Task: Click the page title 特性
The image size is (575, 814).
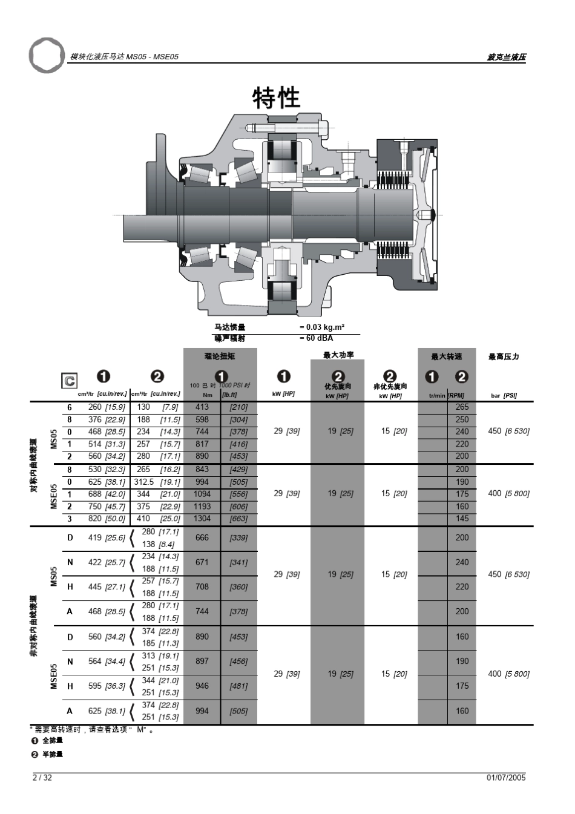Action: [x=276, y=98]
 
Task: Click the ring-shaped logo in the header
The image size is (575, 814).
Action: [x=46, y=55]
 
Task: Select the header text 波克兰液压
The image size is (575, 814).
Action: [x=506, y=57]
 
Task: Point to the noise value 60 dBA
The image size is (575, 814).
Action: [x=316, y=338]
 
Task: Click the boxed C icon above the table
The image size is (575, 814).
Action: [x=70, y=380]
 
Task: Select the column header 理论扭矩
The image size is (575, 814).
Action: [x=220, y=356]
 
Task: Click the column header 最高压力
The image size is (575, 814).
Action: [x=504, y=356]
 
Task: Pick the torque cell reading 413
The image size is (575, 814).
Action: [x=202, y=407]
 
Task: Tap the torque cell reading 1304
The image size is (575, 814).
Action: [x=202, y=518]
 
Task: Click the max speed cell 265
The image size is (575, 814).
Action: [x=462, y=407]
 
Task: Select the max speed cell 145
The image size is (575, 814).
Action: [x=462, y=518]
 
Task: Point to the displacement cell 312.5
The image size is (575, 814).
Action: [x=143, y=482]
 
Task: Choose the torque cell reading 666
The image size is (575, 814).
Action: [x=202, y=537]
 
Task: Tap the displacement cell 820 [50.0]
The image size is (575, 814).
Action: [x=107, y=518]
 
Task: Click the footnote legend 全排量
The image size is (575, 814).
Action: [x=52, y=740]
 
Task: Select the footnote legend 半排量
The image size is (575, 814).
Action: [x=52, y=754]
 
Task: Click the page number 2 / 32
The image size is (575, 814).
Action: [x=42, y=778]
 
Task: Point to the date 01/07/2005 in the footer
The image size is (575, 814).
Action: [x=506, y=778]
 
